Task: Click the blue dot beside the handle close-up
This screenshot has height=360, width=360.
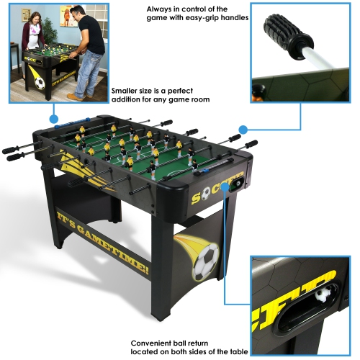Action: [x=244, y=130]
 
